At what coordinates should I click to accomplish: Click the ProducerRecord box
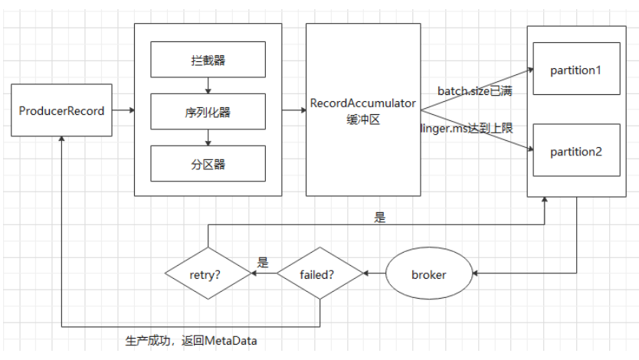(62, 111)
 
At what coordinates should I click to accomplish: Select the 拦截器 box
(208, 59)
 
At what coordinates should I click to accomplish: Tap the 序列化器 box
(208, 112)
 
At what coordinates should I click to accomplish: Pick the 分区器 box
(208, 163)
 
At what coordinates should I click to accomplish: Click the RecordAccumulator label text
(363, 103)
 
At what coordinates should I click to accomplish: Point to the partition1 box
(576, 70)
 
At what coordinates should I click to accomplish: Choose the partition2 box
(576, 151)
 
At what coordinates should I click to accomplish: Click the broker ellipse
(428, 274)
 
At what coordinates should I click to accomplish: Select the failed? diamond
(320, 274)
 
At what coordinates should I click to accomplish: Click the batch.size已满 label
(475, 91)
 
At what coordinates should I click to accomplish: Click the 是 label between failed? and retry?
(263, 263)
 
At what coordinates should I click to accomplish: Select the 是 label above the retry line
(380, 218)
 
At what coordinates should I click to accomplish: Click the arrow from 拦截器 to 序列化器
(208, 85)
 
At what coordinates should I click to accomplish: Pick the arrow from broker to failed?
(374, 274)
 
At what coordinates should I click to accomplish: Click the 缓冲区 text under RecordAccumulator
(363, 118)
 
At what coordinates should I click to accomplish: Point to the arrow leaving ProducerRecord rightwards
(123, 111)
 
